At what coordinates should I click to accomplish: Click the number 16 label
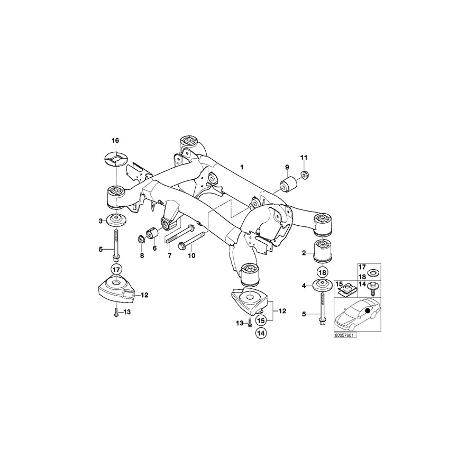click(x=115, y=141)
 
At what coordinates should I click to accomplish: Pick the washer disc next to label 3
click(x=116, y=220)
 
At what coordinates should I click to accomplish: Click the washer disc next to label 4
click(x=323, y=287)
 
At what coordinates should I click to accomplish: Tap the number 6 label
click(x=155, y=248)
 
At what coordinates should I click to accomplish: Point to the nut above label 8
click(x=142, y=239)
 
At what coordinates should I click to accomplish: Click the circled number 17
click(x=116, y=268)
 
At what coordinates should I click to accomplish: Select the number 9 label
click(x=287, y=168)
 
